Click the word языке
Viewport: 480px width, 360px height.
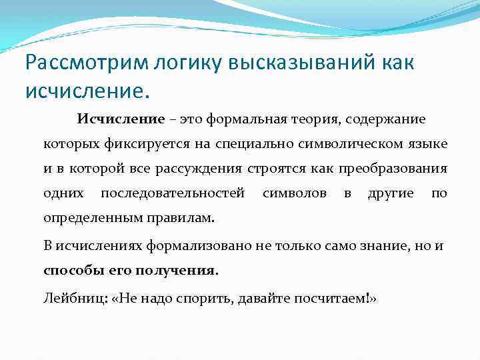[427, 143]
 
